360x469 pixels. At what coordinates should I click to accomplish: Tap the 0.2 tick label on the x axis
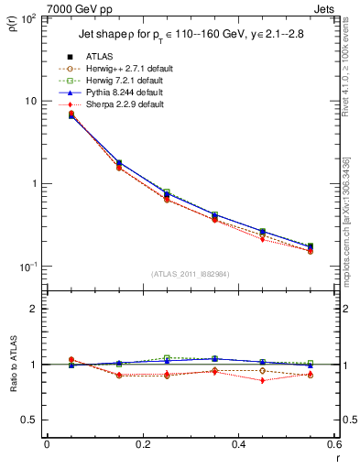pyautogui.click(x=142, y=444)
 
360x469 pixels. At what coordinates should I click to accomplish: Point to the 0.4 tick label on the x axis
pyautogui.click(x=238, y=444)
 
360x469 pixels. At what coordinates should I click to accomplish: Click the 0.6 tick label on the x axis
pyautogui.click(x=333, y=444)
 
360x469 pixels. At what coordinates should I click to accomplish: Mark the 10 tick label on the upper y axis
pyautogui.click(x=31, y=101)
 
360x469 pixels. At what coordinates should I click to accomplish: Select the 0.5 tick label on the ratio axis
pyautogui.click(x=30, y=420)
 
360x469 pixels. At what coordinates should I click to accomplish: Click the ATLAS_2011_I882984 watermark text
pyautogui.click(x=191, y=273)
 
